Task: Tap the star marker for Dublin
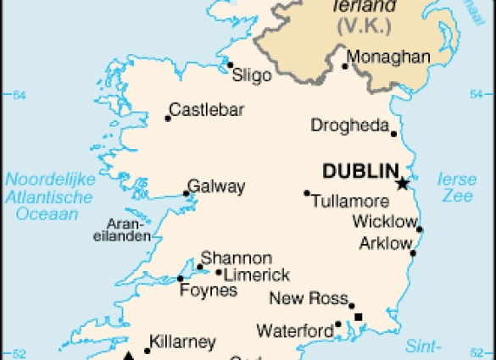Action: [403, 183]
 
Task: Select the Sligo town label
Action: [252, 75]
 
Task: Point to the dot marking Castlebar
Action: [168, 119]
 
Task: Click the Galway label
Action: [216, 186]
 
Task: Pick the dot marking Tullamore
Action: [307, 193]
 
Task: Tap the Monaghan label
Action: [389, 58]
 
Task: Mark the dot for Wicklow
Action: [420, 230]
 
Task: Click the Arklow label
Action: [384, 243]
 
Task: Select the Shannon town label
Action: [237, 258]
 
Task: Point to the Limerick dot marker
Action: [219, 273]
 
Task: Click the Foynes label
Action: [209, 291]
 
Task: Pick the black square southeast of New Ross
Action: [359, 317]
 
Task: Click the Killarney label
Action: [183, 342]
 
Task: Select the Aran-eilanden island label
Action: [129, 230]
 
